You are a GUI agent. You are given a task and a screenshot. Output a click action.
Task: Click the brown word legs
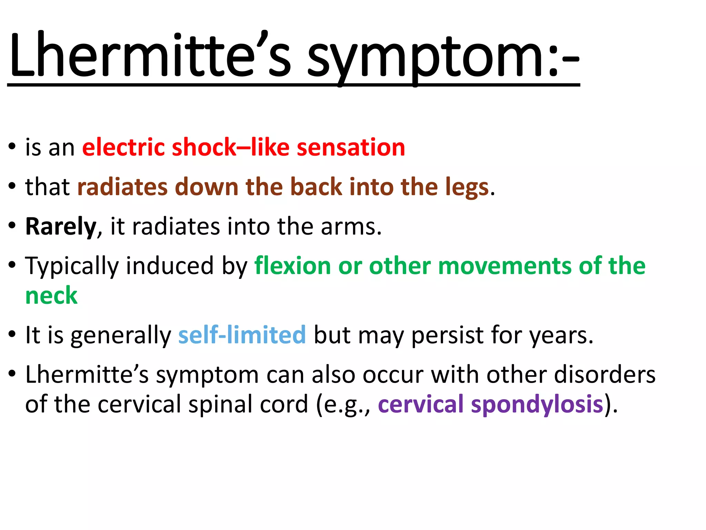point(467,187)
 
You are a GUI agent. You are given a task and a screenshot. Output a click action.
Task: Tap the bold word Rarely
point(61,227)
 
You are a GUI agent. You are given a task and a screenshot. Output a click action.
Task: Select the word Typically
point(72,267)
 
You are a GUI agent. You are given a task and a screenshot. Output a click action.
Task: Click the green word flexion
point(293,266)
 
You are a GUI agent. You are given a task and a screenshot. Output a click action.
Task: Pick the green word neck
point(51,296)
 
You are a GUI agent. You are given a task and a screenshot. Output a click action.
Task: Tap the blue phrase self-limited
point(242,335)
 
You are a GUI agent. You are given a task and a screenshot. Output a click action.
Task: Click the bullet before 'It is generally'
point(12,334)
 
